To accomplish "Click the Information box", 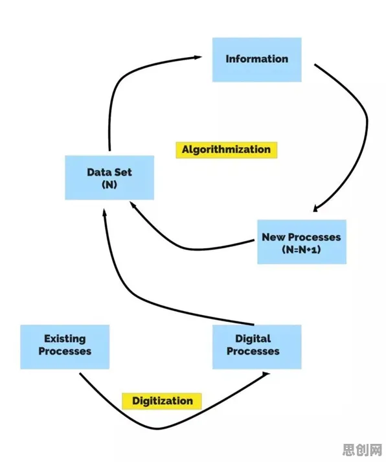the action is pyautogui.click(x=256, y=60).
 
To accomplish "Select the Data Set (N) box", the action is pyautogui.click(x=109, y=178).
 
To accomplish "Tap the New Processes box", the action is pyautogui.click(x=302, y=242).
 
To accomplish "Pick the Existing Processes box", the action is pyautogui.click(x=65, y=347).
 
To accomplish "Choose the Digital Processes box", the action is pyautogui.click(x=256, y=347).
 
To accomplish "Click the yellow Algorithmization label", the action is pyautogui.click(x=227, y=150).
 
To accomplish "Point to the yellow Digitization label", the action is pyautogui.click(x=162, y=401).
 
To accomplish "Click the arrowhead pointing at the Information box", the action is pyautogui.click(x=198, y=57).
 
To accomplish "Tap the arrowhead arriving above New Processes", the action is pyautogui.click(x=315, y=208).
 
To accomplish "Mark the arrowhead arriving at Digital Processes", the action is pyautogui.click(x=266, y=374).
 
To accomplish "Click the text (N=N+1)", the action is pyautogui.click(x=301, y=250).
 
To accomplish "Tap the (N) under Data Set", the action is pyautogui.click(x=109, y=185).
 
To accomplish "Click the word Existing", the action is pyautogui.click(x=65, y=339).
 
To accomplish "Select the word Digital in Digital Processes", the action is pyautogui.click(x=253, y=339).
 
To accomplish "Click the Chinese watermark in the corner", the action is pyautogui.click(x=362, y=450).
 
